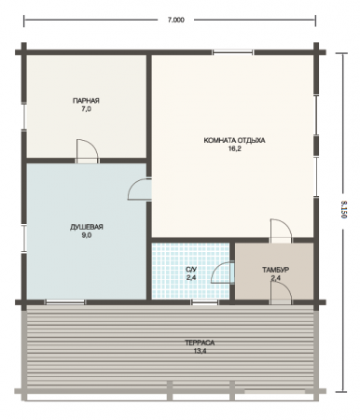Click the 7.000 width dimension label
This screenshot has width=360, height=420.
click(x=176, y=20)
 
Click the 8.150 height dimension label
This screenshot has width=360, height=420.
click(x=343, y=209)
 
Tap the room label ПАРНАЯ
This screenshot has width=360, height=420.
click(x=86, y=101)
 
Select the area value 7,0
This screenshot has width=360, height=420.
click(x=86, y=109)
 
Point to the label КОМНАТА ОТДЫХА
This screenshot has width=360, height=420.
click(x=234, y=140)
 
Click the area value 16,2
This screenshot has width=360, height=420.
click(x=235, y=148)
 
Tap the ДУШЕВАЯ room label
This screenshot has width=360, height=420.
click(x=87, y=227)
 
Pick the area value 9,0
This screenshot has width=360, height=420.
click(x=87, y=235)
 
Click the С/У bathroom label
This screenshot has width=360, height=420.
click(x=191, y=270)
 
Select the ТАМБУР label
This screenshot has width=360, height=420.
click(x=275, y=270)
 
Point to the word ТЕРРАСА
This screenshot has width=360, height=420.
click(x=200, y=343)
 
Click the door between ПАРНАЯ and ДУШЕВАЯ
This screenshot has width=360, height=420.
click(x=88, y=151)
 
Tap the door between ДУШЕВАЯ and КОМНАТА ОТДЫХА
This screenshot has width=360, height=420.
click(x=140, y=189)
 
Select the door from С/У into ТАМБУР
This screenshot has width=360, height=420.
click(x=223, y=273)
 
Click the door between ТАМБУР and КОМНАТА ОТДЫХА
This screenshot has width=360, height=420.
click(x=281, y=231)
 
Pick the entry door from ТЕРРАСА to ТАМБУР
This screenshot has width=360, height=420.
click(x=281, y=294)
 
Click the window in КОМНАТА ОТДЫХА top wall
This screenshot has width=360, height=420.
click(x=232, y=52)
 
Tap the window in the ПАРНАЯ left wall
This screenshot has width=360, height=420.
click(x=23, y=116)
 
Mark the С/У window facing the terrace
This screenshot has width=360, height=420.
click(x=204, y=302)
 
